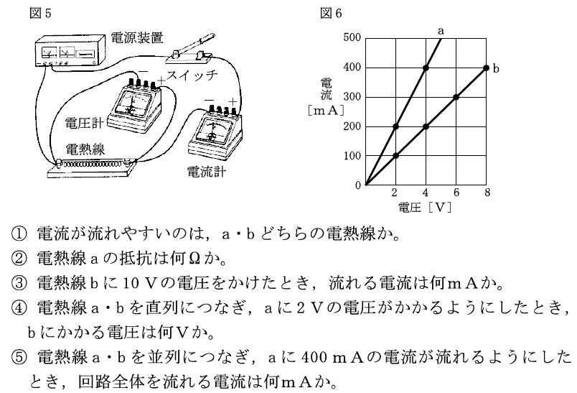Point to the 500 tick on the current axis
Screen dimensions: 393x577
pos(352,38)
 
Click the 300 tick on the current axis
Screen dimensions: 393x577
pos(352,97)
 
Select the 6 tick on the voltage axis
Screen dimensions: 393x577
pos(456,193)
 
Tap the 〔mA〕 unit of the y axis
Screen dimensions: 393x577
pos(326,111)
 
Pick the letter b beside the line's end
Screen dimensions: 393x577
pos(496,68)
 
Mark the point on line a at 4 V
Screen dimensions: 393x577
pos(426,68)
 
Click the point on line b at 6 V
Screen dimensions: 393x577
pos(456,97)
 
